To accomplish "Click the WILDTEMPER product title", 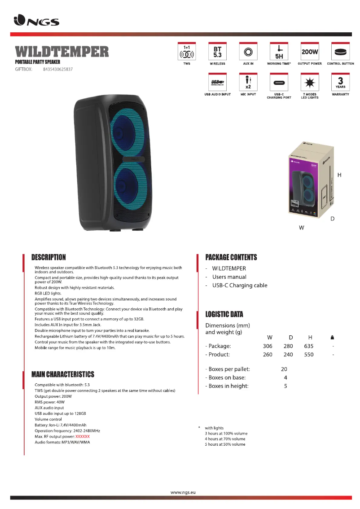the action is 62,52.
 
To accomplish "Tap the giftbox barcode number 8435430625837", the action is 58,70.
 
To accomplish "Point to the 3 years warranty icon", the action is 340,83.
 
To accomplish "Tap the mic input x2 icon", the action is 248,83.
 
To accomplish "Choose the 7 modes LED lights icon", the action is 310,83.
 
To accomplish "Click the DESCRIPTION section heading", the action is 48,257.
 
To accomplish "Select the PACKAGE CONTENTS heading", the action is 231,257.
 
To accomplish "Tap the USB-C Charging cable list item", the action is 240,285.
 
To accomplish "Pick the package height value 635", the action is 308,346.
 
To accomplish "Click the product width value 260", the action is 268,355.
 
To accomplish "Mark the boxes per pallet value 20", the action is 284,369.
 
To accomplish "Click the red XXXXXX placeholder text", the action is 83,436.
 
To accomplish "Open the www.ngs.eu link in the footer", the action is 184,492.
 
